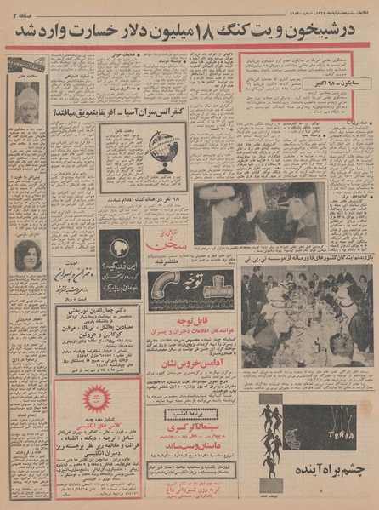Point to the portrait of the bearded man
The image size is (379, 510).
tap(26, 101)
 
